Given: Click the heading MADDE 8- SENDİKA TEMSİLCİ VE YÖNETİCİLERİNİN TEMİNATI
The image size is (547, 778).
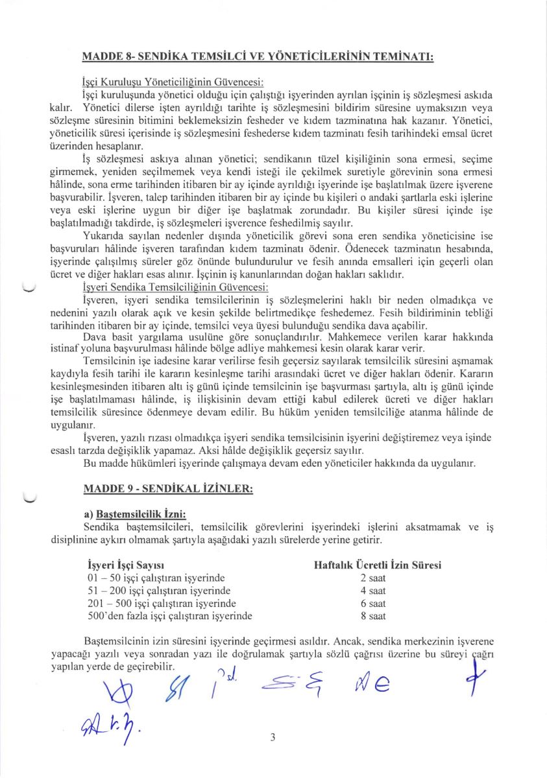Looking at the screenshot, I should pos(258,56).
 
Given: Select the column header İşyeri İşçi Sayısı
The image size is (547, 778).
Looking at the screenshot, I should pos(125,565).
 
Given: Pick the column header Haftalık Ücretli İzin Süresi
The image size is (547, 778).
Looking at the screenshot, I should pos(377,565).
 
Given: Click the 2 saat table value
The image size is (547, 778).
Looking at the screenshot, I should pos(373,578).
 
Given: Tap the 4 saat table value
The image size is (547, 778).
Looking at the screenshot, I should pos(373,591).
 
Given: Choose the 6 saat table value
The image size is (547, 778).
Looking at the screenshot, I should pos(373,603).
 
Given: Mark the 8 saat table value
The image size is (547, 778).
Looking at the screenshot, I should pos(373,616).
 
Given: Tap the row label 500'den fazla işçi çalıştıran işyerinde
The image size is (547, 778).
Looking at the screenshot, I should pos(169,616).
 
